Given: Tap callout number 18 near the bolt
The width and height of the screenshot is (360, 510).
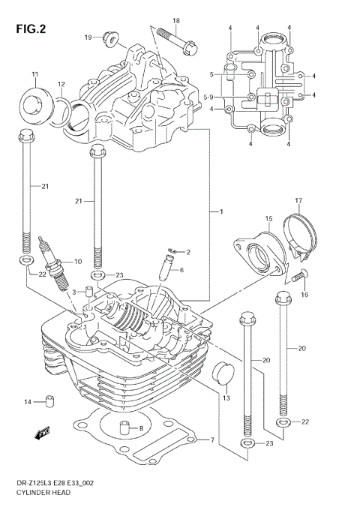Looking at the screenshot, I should pyautogui.click(x=176, y=20).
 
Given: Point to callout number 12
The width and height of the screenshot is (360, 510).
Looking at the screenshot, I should pyautogui.click(x=61, y=83).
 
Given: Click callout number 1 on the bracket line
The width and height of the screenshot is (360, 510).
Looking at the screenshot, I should pyautogui.click(x=220, y=213).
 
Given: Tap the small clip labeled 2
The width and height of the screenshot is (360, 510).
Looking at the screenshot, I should pyautogui.click(x=172, y=251).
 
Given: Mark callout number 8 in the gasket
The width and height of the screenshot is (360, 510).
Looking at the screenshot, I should pyautogui.click(x=129, y=428).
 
